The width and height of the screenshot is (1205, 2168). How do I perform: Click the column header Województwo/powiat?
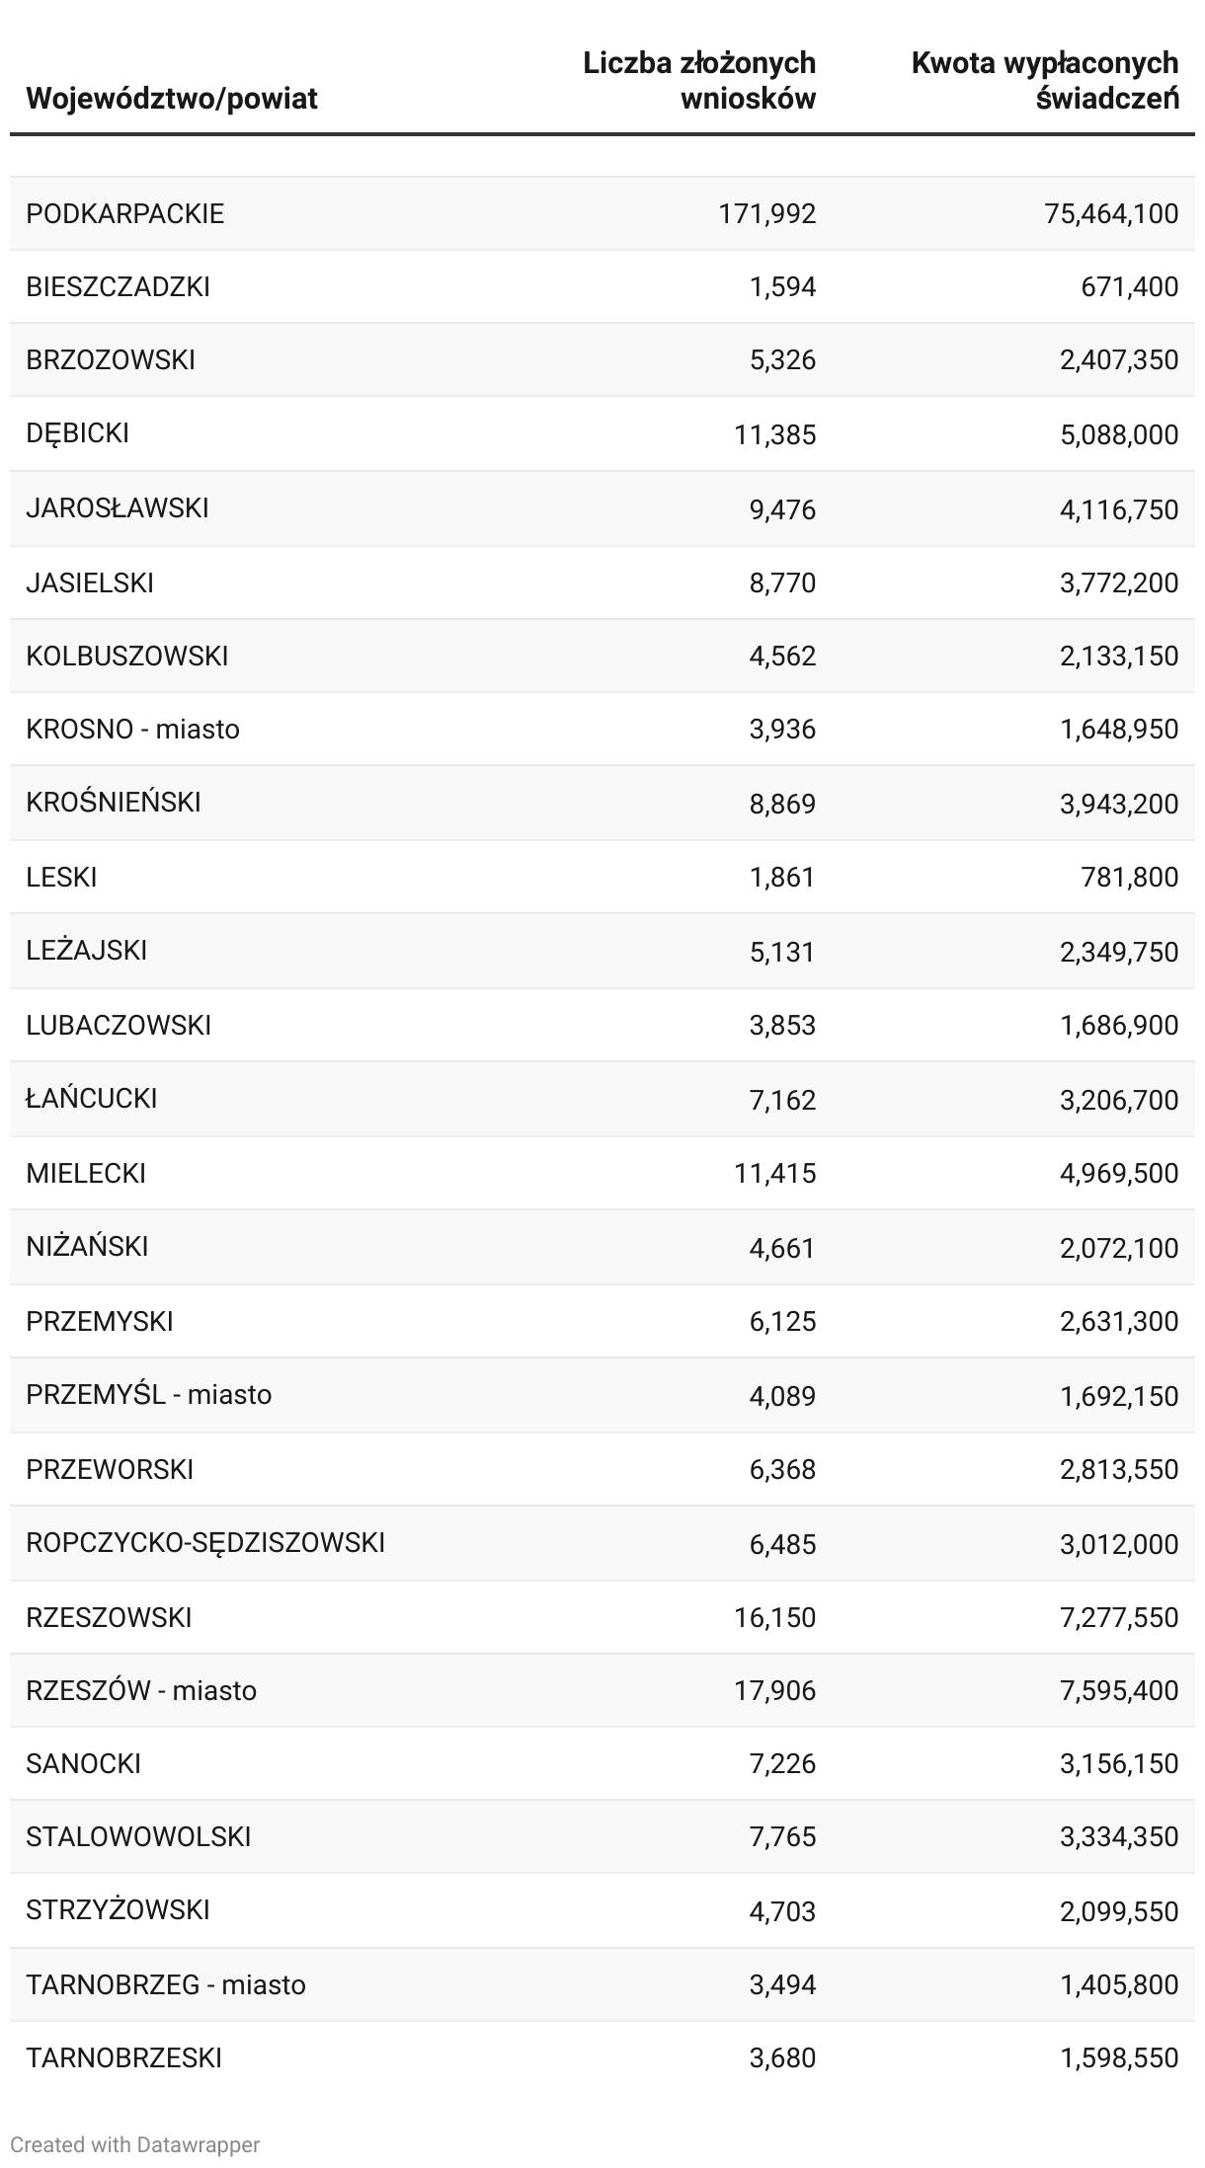click(172, 99)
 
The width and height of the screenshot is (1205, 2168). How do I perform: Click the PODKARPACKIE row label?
click(125, 213)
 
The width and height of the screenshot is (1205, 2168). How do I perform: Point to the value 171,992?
click(767, 213)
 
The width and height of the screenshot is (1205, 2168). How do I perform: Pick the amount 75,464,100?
click(1111, 213)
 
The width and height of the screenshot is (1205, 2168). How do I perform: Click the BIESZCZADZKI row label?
click(119, 286)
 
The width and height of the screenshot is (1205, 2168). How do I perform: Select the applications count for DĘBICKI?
click(775, 434)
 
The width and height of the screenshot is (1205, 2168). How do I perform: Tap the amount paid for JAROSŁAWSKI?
click(1119, 509)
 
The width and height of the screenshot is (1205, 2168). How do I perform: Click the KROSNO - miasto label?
click(133, 729)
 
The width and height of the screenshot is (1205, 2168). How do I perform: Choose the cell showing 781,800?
click(1130, 877)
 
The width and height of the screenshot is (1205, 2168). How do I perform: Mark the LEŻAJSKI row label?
click(87, 950)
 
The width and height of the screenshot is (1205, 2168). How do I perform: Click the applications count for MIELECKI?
click(775, 1173)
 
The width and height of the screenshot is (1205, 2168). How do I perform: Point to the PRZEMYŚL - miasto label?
click(149, 1394)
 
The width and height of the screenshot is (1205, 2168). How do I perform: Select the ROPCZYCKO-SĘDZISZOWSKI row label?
click(205, 1542)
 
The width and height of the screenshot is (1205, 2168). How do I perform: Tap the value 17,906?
click(775, 1690)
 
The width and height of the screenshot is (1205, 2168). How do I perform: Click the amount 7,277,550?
click(1119, 1617)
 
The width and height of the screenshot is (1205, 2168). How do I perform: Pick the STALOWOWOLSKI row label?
click(138, 1836)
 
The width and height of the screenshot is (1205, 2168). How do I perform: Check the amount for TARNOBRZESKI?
click(1119, 2057)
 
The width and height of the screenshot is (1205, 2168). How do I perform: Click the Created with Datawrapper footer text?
click(135, 2144)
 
